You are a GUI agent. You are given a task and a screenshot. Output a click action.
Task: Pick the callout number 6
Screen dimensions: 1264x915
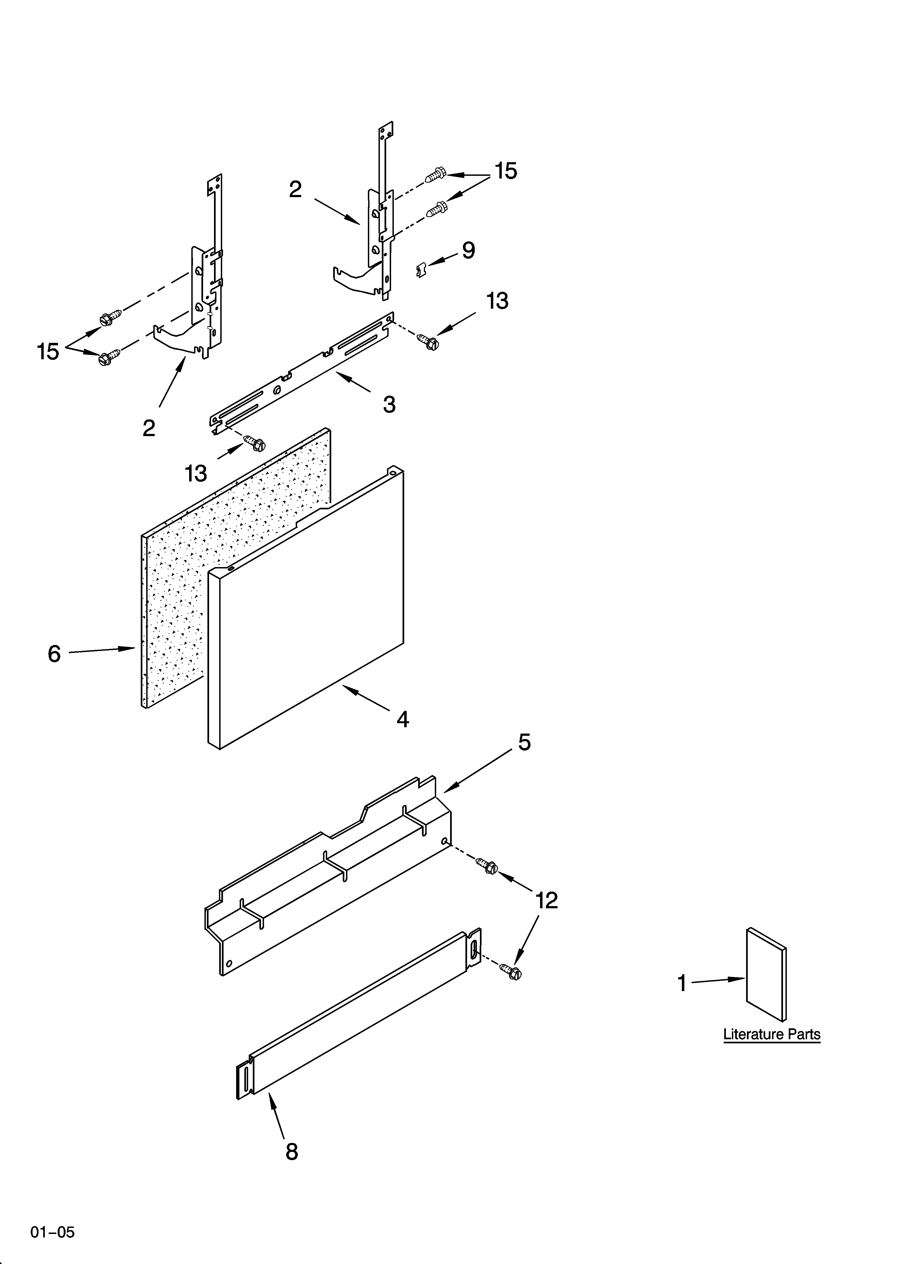(54, 653)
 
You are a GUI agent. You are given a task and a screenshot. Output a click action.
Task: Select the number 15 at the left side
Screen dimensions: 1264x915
(48, 352)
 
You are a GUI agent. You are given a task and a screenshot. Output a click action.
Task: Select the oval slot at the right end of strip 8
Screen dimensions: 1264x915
(474, 948)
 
